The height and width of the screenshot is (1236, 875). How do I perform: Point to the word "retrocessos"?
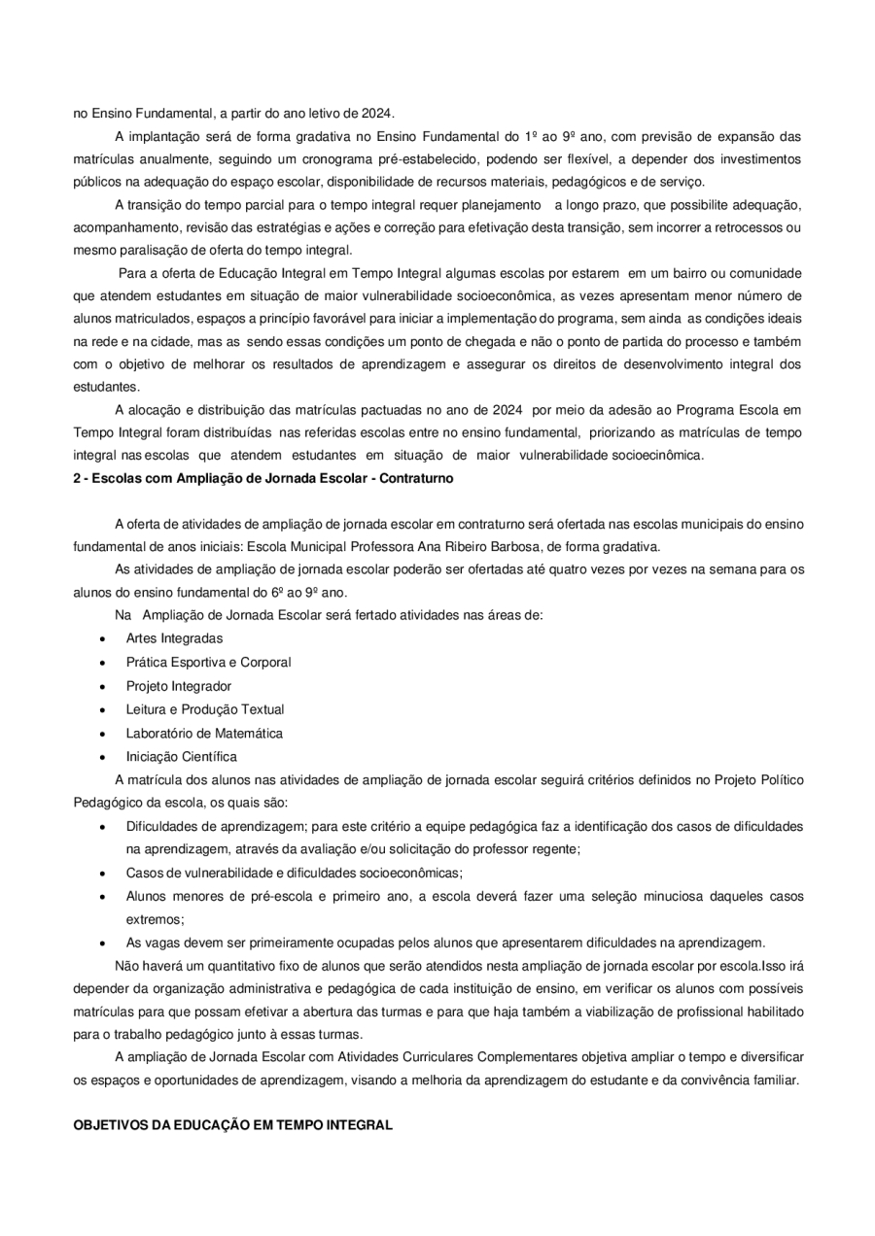[737, 227]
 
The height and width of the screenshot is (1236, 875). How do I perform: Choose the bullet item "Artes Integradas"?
[174, 638]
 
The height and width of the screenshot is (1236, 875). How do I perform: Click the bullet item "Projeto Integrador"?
[179, 686]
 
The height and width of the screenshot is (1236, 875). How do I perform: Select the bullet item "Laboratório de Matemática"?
[204, 733]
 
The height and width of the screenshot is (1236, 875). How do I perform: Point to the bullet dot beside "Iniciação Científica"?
[103, 757]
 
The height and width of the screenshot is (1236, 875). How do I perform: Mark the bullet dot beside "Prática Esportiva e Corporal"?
[103, 663]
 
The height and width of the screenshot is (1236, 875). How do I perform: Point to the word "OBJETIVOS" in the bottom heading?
[109, 1125]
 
